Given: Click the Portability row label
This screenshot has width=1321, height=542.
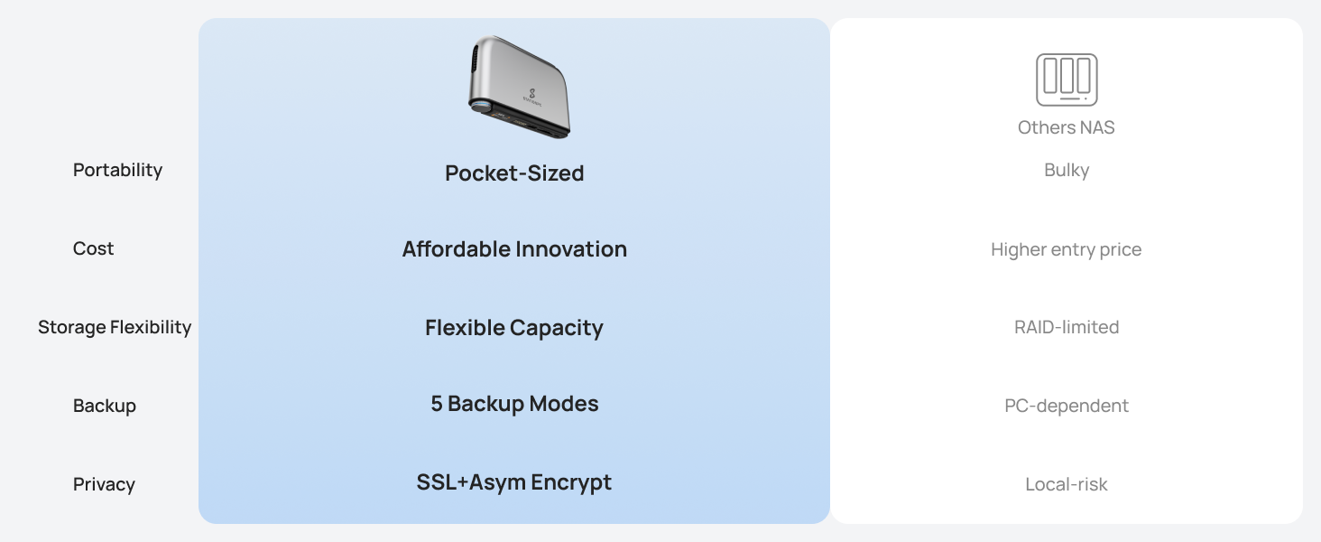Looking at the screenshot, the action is pos(117,170).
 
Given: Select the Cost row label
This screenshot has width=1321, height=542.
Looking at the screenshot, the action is pos(93,248).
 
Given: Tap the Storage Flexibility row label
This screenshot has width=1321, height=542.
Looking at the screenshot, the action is pos(115,327).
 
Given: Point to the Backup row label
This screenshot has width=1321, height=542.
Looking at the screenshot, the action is pos(105,406).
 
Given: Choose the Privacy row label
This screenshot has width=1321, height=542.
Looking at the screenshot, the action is pos(104,484).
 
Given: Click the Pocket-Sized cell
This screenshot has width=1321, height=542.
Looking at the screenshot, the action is pos(514,173).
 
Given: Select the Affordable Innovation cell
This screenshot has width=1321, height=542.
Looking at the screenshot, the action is pos(514,249).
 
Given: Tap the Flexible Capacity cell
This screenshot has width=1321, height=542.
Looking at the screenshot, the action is pos(514,328).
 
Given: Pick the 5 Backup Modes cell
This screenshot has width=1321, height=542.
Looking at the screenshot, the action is pos(514,404).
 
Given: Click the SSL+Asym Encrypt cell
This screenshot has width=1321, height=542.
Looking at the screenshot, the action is pos(514,482).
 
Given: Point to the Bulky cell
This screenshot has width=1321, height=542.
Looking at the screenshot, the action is pos(1067,170).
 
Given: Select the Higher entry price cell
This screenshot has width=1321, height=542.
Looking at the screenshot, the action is pos(1067,249).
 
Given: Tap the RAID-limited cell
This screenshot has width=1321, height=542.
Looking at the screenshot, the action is pos(1067,327).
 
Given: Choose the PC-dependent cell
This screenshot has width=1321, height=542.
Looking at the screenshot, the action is pos(1067,406).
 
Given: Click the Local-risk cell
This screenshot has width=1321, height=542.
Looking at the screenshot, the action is pos(1067,484).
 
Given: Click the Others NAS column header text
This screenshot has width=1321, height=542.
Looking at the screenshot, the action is pos(1067,127).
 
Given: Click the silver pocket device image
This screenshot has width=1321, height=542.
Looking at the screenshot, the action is pos(520,87).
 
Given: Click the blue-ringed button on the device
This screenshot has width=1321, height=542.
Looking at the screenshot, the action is pos(479,107).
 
